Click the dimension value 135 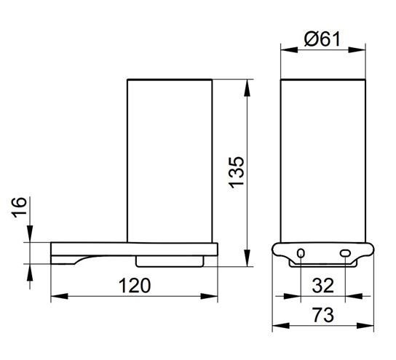tap(237, 172)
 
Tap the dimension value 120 tap(135, 286)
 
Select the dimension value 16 tap(19, 207)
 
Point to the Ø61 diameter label tap(322, 39)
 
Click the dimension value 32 tap(323, 286)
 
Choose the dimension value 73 tap(323, 315)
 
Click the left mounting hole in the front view tap(301, 253)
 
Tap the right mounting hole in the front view tap(345, 253)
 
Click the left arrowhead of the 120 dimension tap(60, 296)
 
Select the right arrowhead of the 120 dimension tap(209, 296)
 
